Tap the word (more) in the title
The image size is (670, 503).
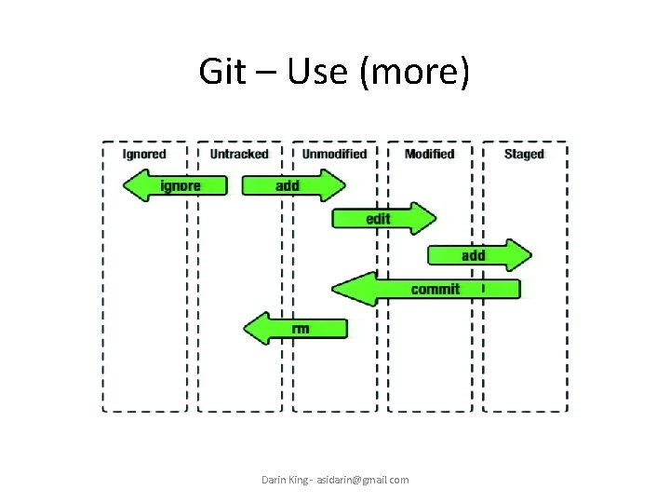click(413, 72)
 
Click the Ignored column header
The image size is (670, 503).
click(144, 154)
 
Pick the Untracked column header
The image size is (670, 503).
click(238, 154)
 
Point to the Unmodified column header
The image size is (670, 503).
click(334, 154)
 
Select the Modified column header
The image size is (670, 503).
click(429, 154)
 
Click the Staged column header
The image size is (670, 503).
click(523, 154)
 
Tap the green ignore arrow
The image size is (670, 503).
click(176, 185)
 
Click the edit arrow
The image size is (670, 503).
click(382, 219)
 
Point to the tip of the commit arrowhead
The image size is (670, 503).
click(332, 289)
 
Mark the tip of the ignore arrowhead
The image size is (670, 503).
click(124, 185)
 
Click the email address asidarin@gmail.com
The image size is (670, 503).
click(362, 480)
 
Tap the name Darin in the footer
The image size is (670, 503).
click(274, 480)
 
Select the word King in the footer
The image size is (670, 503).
click(298, 480)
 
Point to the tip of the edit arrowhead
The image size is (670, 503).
click(435, 219)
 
